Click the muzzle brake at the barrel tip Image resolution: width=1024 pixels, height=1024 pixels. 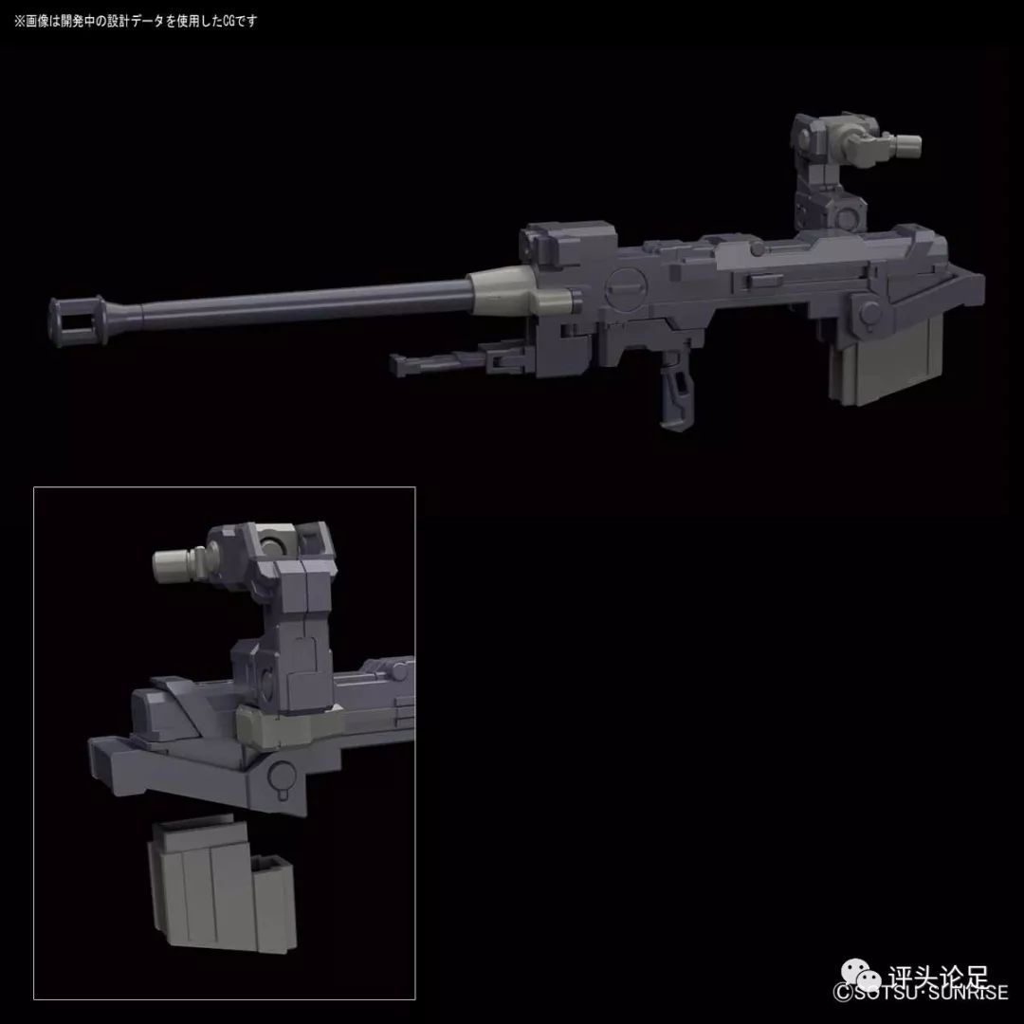77,317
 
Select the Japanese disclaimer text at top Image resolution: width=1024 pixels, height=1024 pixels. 134,20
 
